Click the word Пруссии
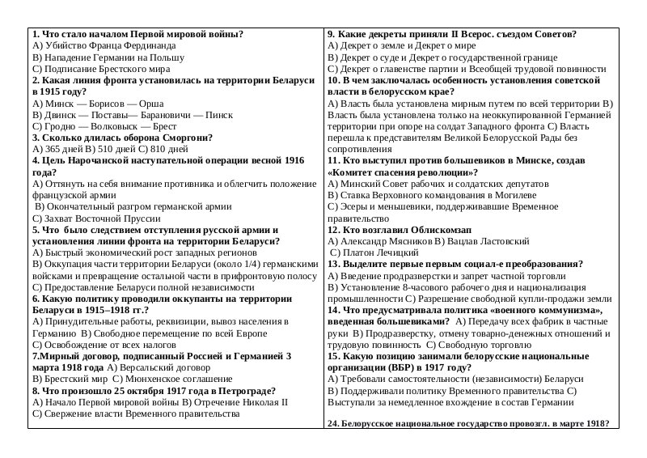click(x=131, y=218)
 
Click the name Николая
click(x=242, y=401)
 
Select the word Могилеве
click(x=510, y=195)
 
